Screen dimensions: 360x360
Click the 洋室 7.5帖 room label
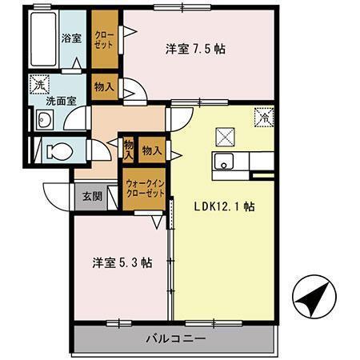[197, 49]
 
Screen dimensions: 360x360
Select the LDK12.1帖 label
[224, 206]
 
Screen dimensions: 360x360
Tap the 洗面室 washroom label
[60, 102]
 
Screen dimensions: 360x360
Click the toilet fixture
[56, 150]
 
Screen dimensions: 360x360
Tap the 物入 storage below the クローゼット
[104, 86]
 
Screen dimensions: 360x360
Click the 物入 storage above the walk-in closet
[151, 150]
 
